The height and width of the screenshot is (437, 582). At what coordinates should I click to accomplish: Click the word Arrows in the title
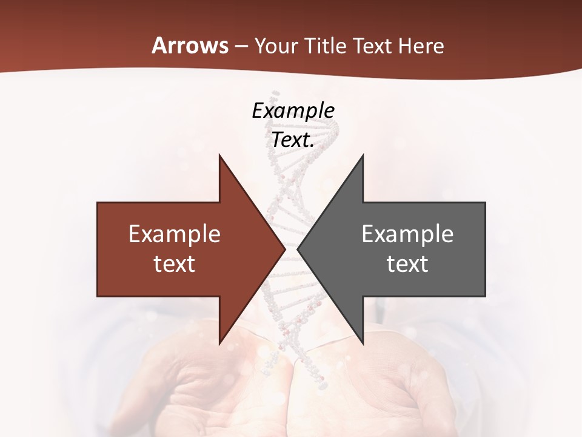pyautogui.click(x=190, y=46)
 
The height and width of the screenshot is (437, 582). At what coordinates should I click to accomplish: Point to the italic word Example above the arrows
pyautogui.click(x=293, y=111)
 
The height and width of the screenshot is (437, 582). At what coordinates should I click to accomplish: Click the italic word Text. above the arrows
pyautogui.click(x=293, y=140)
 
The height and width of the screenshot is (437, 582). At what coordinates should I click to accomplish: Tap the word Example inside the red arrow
pyautogui.click(x=175, y=234)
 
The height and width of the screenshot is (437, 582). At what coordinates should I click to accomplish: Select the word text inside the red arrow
pyautogui.click(x=175, y=264)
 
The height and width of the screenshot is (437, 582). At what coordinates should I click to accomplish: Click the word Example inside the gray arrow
pyautogui.click(x=407, y=234)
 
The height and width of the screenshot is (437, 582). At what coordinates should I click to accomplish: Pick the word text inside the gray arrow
pyautogui.click(x=407, y=264)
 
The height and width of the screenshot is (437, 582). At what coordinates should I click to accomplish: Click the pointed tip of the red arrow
pyautogui.click(x=284, y=249)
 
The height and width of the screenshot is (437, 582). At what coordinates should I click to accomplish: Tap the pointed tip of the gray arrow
pyautogui.click(x=299, y=249)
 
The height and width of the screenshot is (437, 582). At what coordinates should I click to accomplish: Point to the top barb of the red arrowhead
pyautogui.click(x=221, y=159)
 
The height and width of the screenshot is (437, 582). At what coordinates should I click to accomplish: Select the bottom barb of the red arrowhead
pyautogui.click(x=221, y=340)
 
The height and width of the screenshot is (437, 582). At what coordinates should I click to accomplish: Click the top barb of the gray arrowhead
pyautogui.click(x=361, y=159)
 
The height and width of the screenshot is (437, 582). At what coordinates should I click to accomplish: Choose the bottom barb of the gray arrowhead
pyautogui.click(x=361, y=340)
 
